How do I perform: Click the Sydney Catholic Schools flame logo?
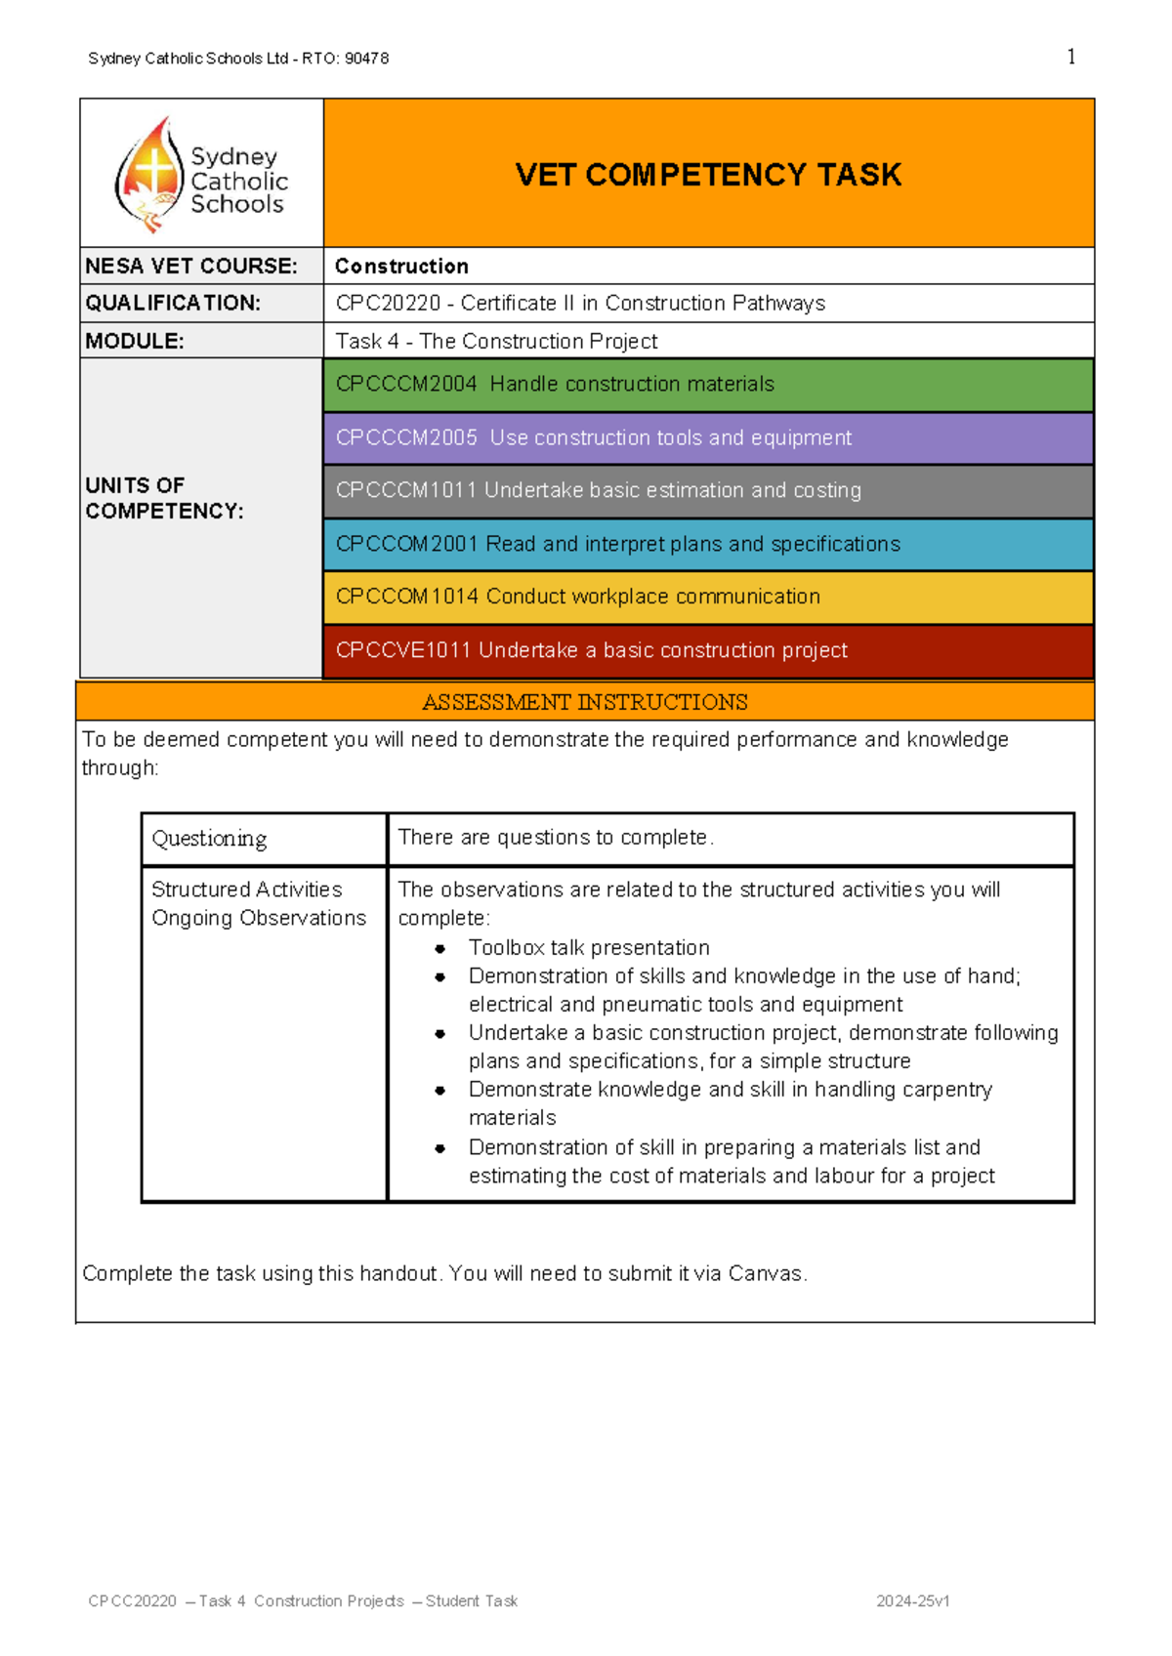click(149, 174)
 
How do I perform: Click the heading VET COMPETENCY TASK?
click(708, 175)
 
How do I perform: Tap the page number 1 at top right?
click(1071, 57)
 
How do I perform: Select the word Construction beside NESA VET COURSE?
click(401, 267)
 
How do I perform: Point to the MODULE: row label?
click(135, 342)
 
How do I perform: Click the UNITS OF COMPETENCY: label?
click(163, 498)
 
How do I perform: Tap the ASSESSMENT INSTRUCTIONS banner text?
click(584, 702)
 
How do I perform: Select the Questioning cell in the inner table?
click(209, 839)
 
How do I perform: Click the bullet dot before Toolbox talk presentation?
click(440, 948)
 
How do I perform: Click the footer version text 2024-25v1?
click(912, 1601)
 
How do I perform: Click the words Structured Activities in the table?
click(246, 890)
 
